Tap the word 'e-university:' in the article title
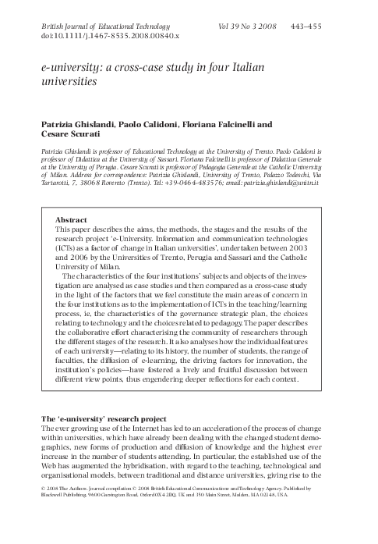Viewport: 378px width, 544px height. [x=69, y=69]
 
